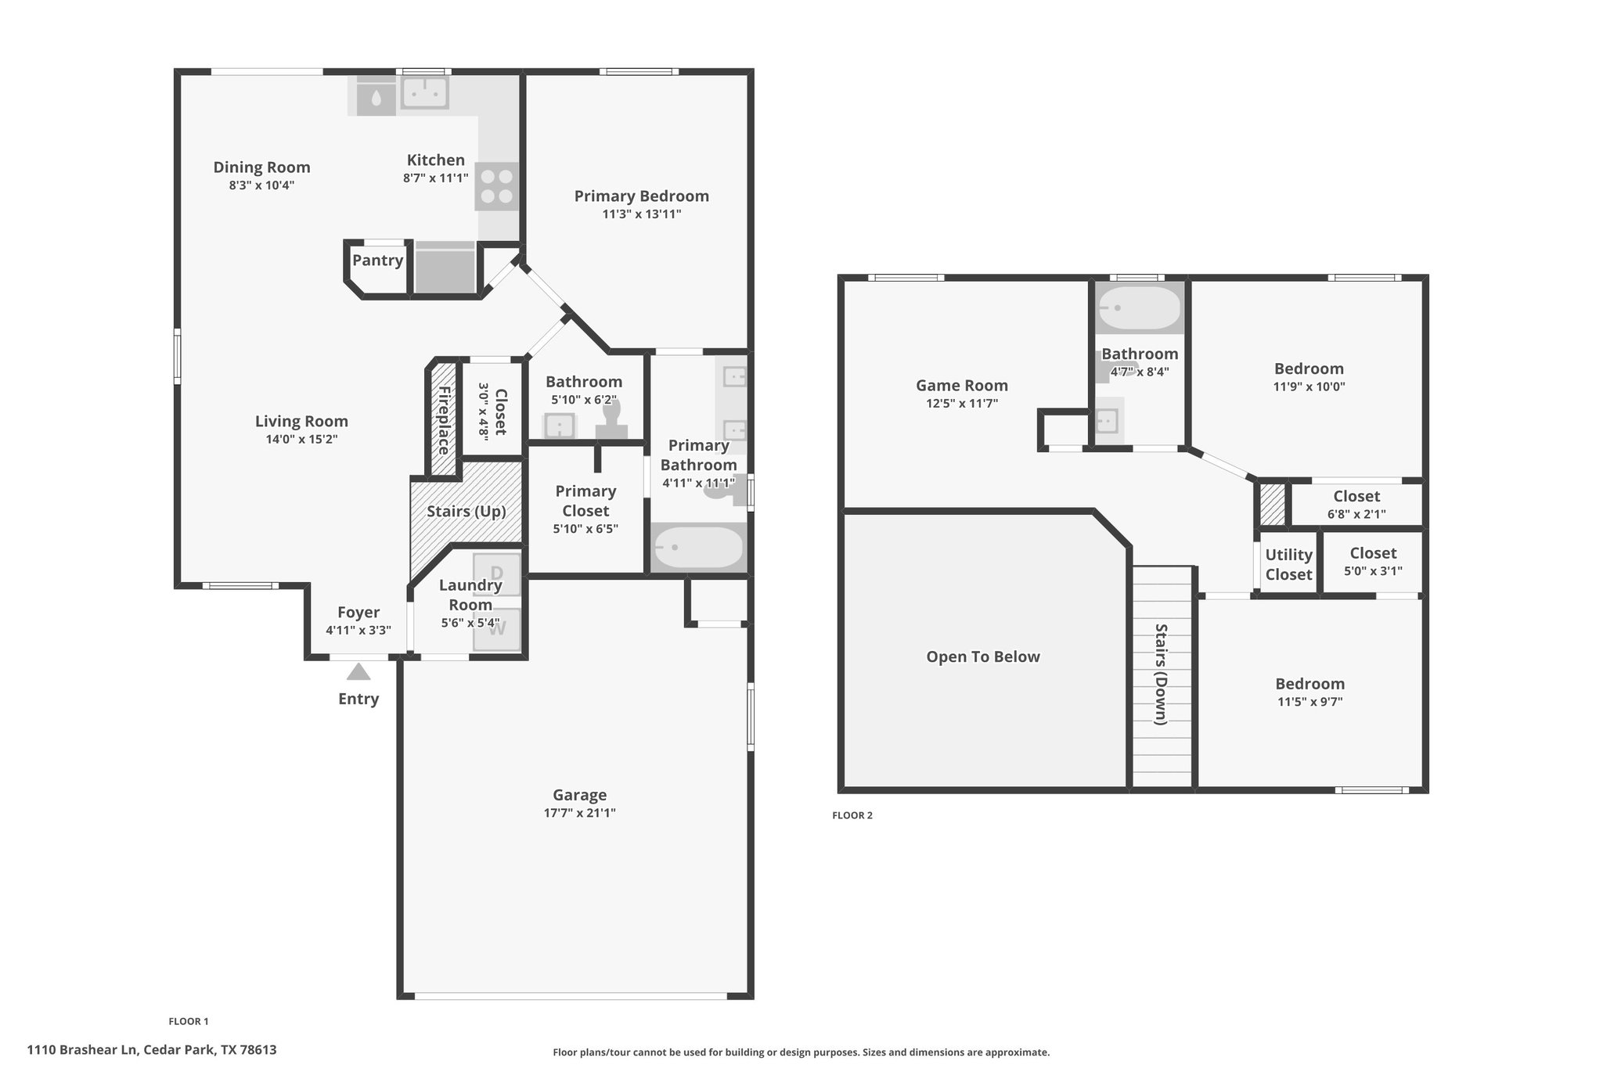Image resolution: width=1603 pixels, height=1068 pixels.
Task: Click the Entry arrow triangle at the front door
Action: [358, 671]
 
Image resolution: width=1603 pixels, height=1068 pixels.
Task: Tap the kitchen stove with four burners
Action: [497, 186]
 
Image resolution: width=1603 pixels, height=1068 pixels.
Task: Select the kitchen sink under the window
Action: [424, 92]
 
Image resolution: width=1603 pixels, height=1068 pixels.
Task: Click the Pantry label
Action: [377, 261]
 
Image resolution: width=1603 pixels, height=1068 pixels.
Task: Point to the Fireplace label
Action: [444, 420]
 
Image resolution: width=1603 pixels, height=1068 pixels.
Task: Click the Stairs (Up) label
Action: [466, 512]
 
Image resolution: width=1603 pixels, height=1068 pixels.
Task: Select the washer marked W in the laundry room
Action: [497, 629]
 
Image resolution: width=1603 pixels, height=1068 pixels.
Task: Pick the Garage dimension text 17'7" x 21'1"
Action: [580, 813]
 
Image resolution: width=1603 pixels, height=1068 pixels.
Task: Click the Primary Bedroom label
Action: [642, 196]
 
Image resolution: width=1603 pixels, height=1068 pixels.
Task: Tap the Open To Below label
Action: [983, 657]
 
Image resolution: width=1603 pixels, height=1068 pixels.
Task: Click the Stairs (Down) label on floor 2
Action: [1162, 674]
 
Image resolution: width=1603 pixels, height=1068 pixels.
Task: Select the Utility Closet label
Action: [1289, 565]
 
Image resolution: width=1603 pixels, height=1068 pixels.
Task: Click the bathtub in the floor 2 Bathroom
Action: [1140, 309]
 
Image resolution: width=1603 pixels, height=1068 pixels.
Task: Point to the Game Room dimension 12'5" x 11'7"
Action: [962, 404]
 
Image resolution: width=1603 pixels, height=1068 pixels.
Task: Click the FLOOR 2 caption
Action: [852, 815]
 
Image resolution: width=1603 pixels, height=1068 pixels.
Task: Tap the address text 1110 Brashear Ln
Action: [83, 1050]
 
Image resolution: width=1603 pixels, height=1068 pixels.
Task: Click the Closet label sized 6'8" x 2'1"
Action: [1356, 496]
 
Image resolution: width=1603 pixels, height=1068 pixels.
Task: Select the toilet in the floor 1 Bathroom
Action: [611, 419]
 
